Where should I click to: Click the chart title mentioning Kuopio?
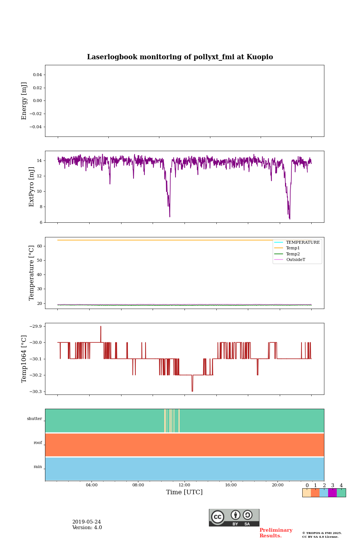click(x=180, y=57)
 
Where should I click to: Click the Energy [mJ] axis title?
click(x=24, y=101)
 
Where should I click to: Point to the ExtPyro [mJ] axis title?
click(x=31, y=187)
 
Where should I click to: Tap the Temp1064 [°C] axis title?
click(x=24, y=359)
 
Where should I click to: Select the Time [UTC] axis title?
click(x=184, y=492)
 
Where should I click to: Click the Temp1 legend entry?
click(x=293, y=248)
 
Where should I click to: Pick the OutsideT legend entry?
click(x=295, y=259)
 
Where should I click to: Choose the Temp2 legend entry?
click(x=293, y=254)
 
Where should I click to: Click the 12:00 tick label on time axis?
click(x=184, y=485)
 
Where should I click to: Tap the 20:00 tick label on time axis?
click(x=277, y=485)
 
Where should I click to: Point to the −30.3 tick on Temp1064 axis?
click(x=35, y=391)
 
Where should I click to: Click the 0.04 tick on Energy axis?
click(x=37, y=75)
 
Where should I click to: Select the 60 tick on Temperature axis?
click(x=39, y=246)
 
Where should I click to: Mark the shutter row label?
click(x=34, y=419)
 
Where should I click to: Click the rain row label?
click(x=38, y=467)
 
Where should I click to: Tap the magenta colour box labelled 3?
click(x=332, y=493)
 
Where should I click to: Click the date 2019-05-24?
click(x=87, y=522)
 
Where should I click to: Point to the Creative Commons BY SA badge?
click(x=234, y=517)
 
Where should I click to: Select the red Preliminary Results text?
click(x=276, y=533)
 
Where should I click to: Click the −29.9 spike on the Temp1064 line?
click(x=100, y=327)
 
